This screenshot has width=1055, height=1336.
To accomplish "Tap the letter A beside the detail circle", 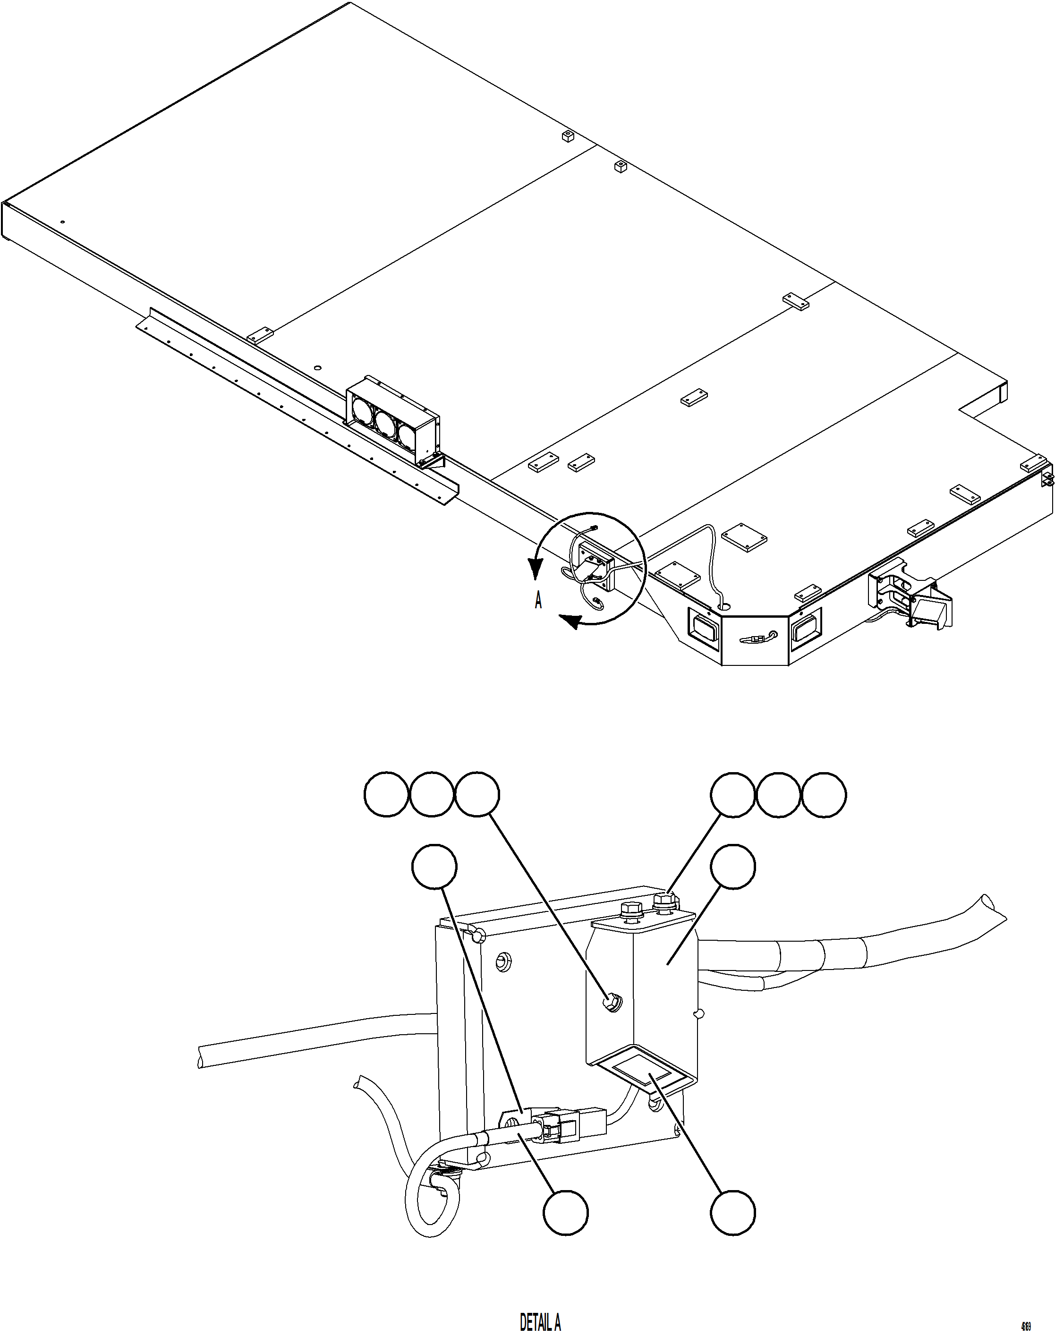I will tap(538, 600).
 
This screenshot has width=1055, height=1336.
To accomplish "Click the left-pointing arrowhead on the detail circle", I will tap(569, 621).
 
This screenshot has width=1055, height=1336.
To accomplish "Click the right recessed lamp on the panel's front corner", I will tap(805, 630).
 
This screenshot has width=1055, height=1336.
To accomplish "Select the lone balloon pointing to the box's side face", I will tap(732, 867).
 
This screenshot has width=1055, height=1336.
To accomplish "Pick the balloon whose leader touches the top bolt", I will tap(732, 794).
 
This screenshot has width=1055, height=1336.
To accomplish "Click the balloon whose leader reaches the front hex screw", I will tap(477, 794).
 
